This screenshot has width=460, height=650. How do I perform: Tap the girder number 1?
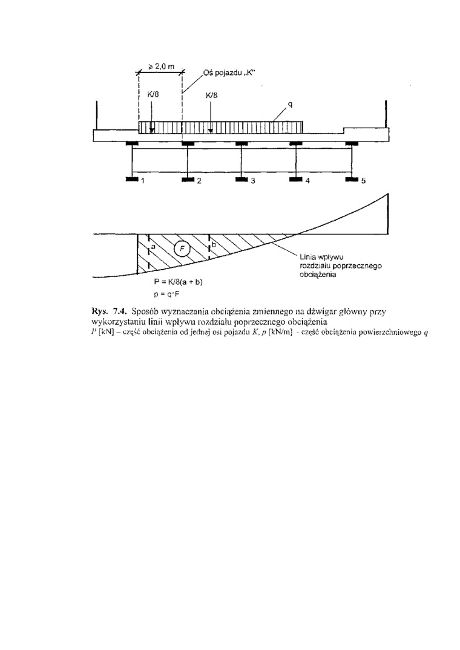143,181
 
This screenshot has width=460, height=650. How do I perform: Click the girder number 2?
198,181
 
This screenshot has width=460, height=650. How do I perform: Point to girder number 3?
253,181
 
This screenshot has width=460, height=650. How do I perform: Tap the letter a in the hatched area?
153,247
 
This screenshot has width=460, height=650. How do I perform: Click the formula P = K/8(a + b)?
179,282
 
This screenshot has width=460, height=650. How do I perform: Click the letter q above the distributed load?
290,105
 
